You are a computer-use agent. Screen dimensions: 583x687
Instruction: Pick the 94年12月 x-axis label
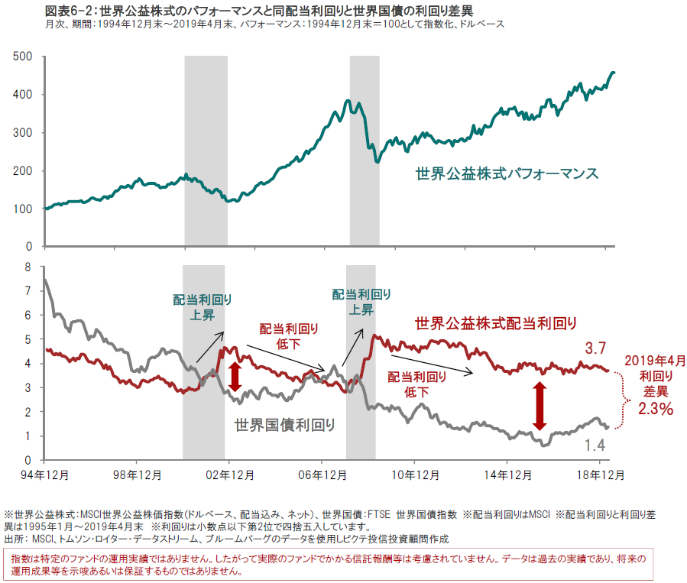tap(45, 474)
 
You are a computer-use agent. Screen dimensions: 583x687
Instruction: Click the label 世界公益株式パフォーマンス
tap(507, 173)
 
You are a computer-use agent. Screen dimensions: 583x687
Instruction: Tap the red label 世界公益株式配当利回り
tap(495, 323)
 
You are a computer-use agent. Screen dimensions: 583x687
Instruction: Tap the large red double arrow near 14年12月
tap(540, 406)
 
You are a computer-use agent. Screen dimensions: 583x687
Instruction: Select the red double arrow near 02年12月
tap(235, 377)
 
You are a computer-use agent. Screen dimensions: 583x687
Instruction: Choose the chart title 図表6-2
tap(65, 11)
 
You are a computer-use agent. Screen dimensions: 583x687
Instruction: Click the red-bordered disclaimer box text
tap(329, 565)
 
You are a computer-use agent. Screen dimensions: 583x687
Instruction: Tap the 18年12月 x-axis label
tap(600, 474)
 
